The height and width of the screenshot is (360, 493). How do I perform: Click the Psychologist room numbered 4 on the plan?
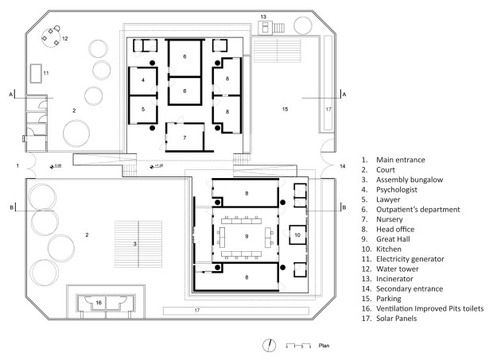point(143,81)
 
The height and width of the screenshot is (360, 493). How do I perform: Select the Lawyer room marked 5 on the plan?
point(143,109)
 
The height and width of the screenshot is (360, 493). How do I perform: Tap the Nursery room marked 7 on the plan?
point(184,137)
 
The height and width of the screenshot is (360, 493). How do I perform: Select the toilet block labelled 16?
point(99,303)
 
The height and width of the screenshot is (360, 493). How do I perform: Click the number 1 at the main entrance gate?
point(17,166)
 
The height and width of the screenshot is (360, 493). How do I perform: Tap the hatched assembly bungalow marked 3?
point(135,243)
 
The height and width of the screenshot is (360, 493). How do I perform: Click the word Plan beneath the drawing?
point(324,346)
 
